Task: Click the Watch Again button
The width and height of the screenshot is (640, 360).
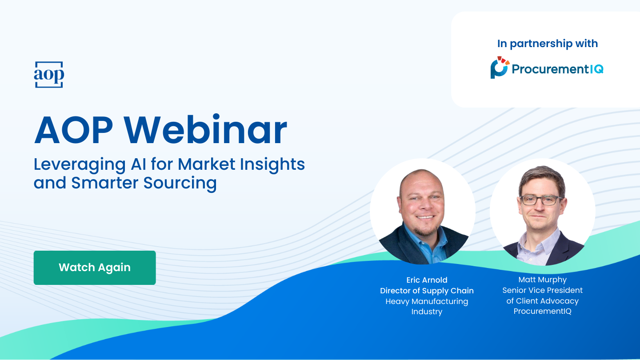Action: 95,268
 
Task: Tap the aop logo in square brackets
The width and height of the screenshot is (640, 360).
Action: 49,75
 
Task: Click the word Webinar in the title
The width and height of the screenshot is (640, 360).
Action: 205,130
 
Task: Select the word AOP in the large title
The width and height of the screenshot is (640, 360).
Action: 73,130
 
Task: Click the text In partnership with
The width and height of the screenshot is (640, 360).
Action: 548,44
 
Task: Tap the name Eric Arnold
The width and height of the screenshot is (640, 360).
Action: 427,280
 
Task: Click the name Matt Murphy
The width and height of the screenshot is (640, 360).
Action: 542,280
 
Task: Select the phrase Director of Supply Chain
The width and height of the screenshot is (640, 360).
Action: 427,291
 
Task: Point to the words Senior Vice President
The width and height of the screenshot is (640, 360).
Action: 542,290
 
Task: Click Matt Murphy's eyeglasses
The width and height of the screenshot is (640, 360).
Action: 542,200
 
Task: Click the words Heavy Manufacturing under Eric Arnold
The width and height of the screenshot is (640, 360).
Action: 427,301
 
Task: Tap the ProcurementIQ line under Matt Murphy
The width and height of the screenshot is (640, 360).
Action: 542,312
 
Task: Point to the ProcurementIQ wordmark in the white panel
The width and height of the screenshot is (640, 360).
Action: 557,69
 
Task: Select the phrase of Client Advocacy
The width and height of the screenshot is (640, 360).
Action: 542,301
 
